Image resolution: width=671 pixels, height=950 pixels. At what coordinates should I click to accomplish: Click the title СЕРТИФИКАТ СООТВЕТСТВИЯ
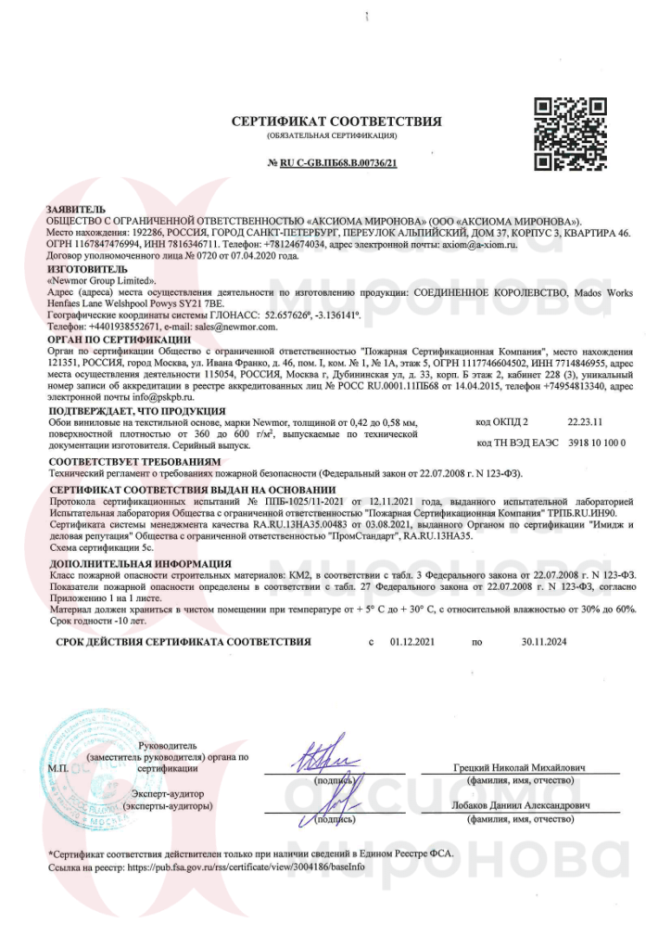pos(336,122)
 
